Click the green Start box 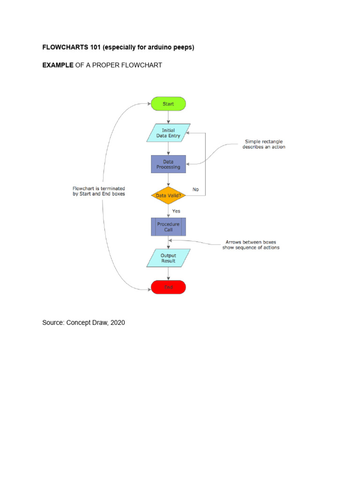(168, 104)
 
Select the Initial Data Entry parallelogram (168, 133)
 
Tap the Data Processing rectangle (168, 164)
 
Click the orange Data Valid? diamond (168, 195)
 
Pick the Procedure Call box (168, 227)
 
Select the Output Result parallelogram (168, 258)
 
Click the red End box (168, 287)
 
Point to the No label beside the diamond (195, 189)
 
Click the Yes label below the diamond (176, 211)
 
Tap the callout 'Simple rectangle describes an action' (263, 144)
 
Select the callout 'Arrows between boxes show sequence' (250, 245)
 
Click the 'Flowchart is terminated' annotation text (99, 191)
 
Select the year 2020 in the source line (117, 322)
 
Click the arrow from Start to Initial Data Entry (168, 117)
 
